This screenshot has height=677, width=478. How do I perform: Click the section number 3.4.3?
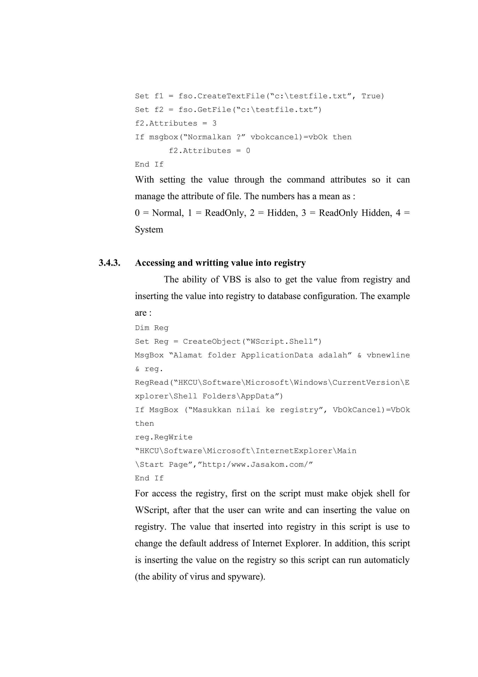(109, 263)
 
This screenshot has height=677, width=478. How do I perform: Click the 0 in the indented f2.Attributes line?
(248, 151)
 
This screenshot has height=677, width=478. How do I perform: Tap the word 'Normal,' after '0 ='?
(168, 213)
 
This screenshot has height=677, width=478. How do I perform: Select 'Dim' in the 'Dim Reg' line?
(142, 328)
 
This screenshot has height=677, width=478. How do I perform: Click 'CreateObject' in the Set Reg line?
(212, 342)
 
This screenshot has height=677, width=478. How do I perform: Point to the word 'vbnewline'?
(388, 355)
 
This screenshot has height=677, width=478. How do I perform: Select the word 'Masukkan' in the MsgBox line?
(212, 410)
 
